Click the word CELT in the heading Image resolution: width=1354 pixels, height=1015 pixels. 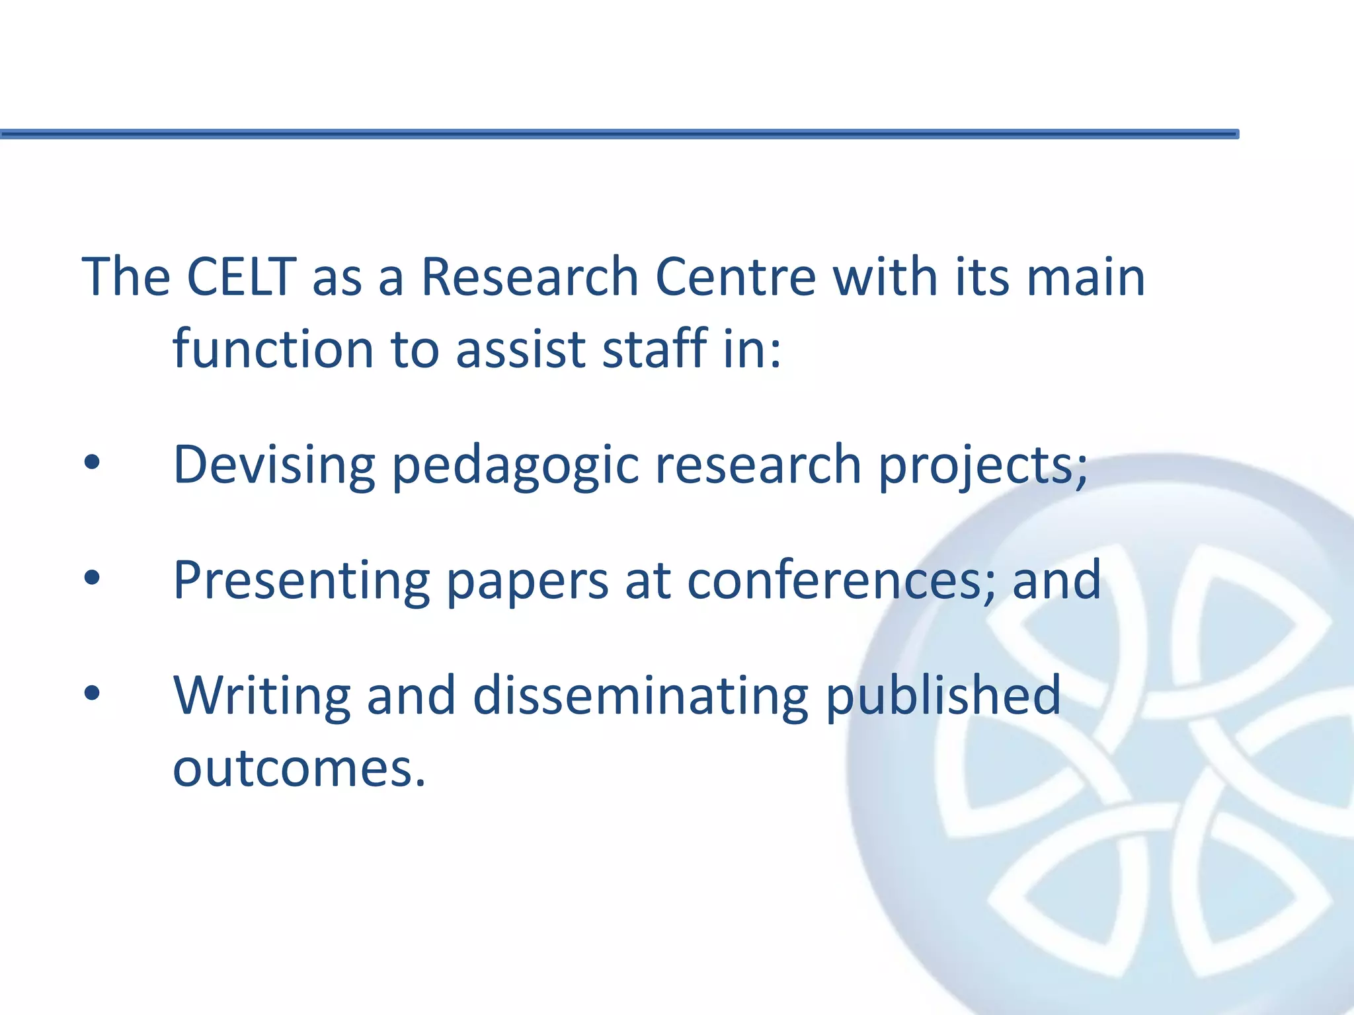pyautogui.click(x=241, y=276)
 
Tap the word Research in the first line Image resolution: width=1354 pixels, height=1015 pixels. pyautogui.click(x=530, y=276)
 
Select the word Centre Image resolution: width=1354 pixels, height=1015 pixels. pyautogui.click(x=735, y=276)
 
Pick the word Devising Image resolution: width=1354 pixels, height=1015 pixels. pyautogui.click(x=274, y=465)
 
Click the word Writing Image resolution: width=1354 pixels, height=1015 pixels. pyautogui.click(x=262, y=696)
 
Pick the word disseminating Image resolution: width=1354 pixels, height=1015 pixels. pyautogui.click(x=641, y=696)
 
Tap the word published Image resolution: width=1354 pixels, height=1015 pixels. pyautogui.click(x=943, y=696)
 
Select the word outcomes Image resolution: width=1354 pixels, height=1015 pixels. pyautogui.click(x=299, y=769)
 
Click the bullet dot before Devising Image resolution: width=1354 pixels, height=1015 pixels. pyautogui.click(x=92, y=463)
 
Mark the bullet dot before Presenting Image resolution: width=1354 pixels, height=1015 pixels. pyautogui.click(x=92, y=578)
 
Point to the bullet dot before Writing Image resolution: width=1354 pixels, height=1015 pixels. pyautogui.click(x=92, y=693)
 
